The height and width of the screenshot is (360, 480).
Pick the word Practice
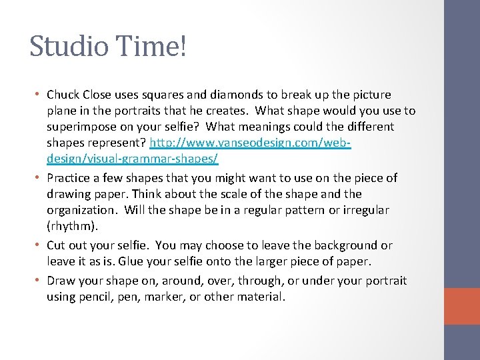click(70, 178)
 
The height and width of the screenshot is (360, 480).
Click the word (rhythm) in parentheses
click(71, 226)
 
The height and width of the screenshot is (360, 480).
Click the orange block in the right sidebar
click(462, 306)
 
